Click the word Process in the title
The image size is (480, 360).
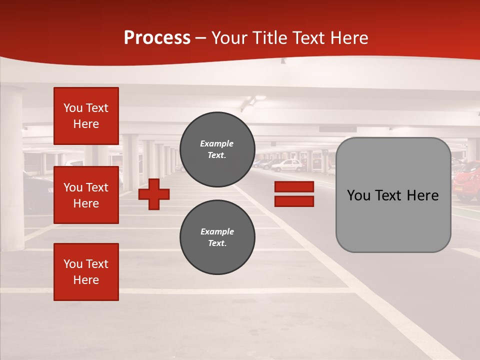click(x=157, y=38)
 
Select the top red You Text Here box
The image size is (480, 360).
click(x=86, y=116)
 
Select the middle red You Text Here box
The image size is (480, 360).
click(x=86, y=195)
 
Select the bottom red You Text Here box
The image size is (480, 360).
click(x=86, y=272)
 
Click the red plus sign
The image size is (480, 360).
click(x=154, y=194)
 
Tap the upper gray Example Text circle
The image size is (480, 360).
click(x=217, y=149)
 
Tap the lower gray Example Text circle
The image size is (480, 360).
click(x=217, y=237)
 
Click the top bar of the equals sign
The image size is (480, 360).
click(x=294, y=187)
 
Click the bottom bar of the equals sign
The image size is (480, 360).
click(x=294, y=201)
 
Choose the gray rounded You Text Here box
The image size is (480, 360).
click(x=393, y=195)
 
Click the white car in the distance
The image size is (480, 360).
click(x=288, y=165)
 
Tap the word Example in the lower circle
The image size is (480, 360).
click(x=217, y=231)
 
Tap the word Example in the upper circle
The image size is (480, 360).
click(x=216, y=143)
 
